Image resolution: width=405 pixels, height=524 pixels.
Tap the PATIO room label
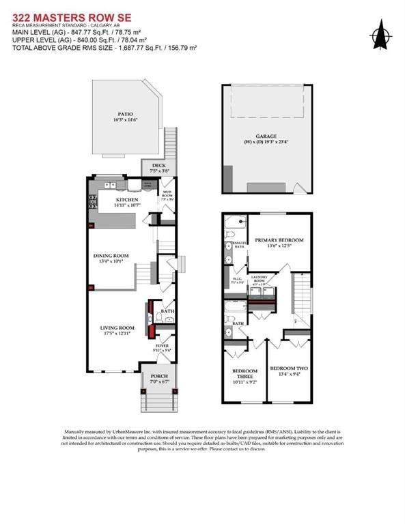(x=124, y=114)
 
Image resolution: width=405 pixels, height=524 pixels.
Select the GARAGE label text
(x=266, y=136)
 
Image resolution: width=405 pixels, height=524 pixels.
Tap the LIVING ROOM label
(x=117, y=328)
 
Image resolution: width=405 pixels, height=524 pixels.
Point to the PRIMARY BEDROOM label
(x=279, y=240)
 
